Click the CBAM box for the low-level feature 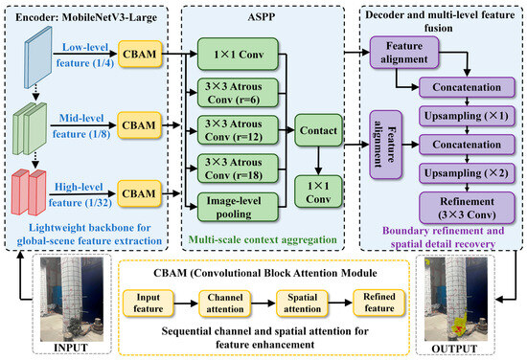point(140,54)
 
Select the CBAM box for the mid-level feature point(139,125)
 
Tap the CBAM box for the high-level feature point(139,193)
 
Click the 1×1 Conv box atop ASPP point(238,54)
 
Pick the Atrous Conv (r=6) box point(238,93)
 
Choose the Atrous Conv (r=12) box point(238,130)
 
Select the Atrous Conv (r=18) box point(238,169)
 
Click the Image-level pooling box point(238,207)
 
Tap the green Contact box point(318,130)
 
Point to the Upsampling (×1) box point(467,116)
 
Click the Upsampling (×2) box point(467,173)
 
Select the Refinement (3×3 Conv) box point(467,208)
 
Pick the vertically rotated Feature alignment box point(385,145)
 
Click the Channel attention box point(225,304)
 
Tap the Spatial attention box point(302,304)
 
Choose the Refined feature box point(379,303)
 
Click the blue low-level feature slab point(38,57)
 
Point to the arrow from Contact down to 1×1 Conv point(318,161)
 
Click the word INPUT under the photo point(71,348)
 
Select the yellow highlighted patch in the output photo point(460,325)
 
